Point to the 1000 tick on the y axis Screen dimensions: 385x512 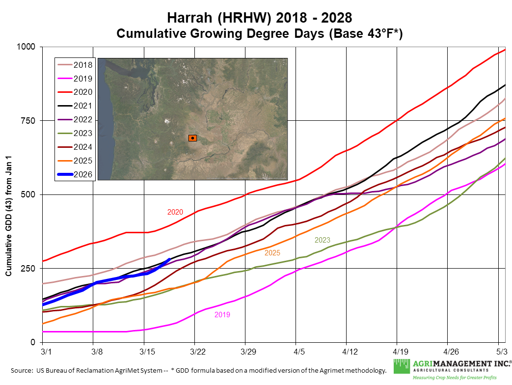coord(27,47)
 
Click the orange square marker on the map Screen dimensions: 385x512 coord(193,138)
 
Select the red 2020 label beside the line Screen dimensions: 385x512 coord(175,212)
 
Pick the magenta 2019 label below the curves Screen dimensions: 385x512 coord(222,314)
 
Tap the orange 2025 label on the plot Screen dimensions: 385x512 coord(272,252)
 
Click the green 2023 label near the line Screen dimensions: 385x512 coord(323,240)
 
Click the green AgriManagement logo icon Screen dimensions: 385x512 coord(401,366)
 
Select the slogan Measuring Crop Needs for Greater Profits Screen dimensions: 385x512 coord(455,377)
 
